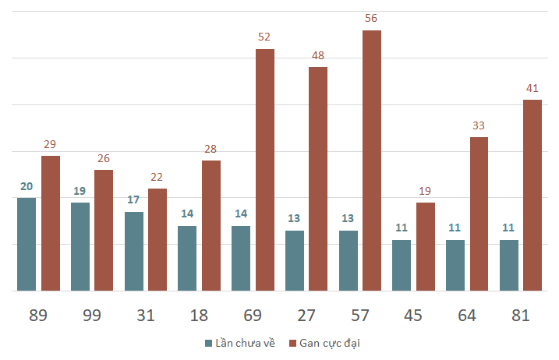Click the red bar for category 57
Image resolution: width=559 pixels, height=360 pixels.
[x=372, y=161]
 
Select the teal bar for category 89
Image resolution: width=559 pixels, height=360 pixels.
[x=27, y=244]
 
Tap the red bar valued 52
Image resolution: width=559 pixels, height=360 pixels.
[x=265, y=170]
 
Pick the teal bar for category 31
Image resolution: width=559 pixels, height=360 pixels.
[x=134, y=251]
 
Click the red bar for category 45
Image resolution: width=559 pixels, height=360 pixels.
[x=426, y=247]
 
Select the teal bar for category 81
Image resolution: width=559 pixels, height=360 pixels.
[x=509, y=265]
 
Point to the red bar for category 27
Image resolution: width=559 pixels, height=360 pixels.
[x=318, y=179]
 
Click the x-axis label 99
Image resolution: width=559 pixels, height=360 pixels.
[x=92, y=316]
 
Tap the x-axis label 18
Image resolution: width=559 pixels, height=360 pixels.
[x=199, y=316]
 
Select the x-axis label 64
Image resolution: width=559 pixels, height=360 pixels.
[x=467, y=316]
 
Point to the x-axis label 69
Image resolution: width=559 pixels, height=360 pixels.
[x=253, y=316]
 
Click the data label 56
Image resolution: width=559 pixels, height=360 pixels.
[x=371, y=18]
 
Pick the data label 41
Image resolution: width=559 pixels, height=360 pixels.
[x=532, y=88]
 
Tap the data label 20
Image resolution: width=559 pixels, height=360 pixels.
[x=27, y=186]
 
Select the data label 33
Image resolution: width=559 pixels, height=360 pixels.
[x=479, y=125]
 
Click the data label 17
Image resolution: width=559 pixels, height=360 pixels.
[x=133, y=199]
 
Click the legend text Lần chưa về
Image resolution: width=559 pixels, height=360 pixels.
[x=246, y=343]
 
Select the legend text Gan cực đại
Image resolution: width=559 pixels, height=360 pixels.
[x=330, y=344]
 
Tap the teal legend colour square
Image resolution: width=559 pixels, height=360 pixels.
[x=209, y=344]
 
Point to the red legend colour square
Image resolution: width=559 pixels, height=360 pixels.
[x=292, y=344]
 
